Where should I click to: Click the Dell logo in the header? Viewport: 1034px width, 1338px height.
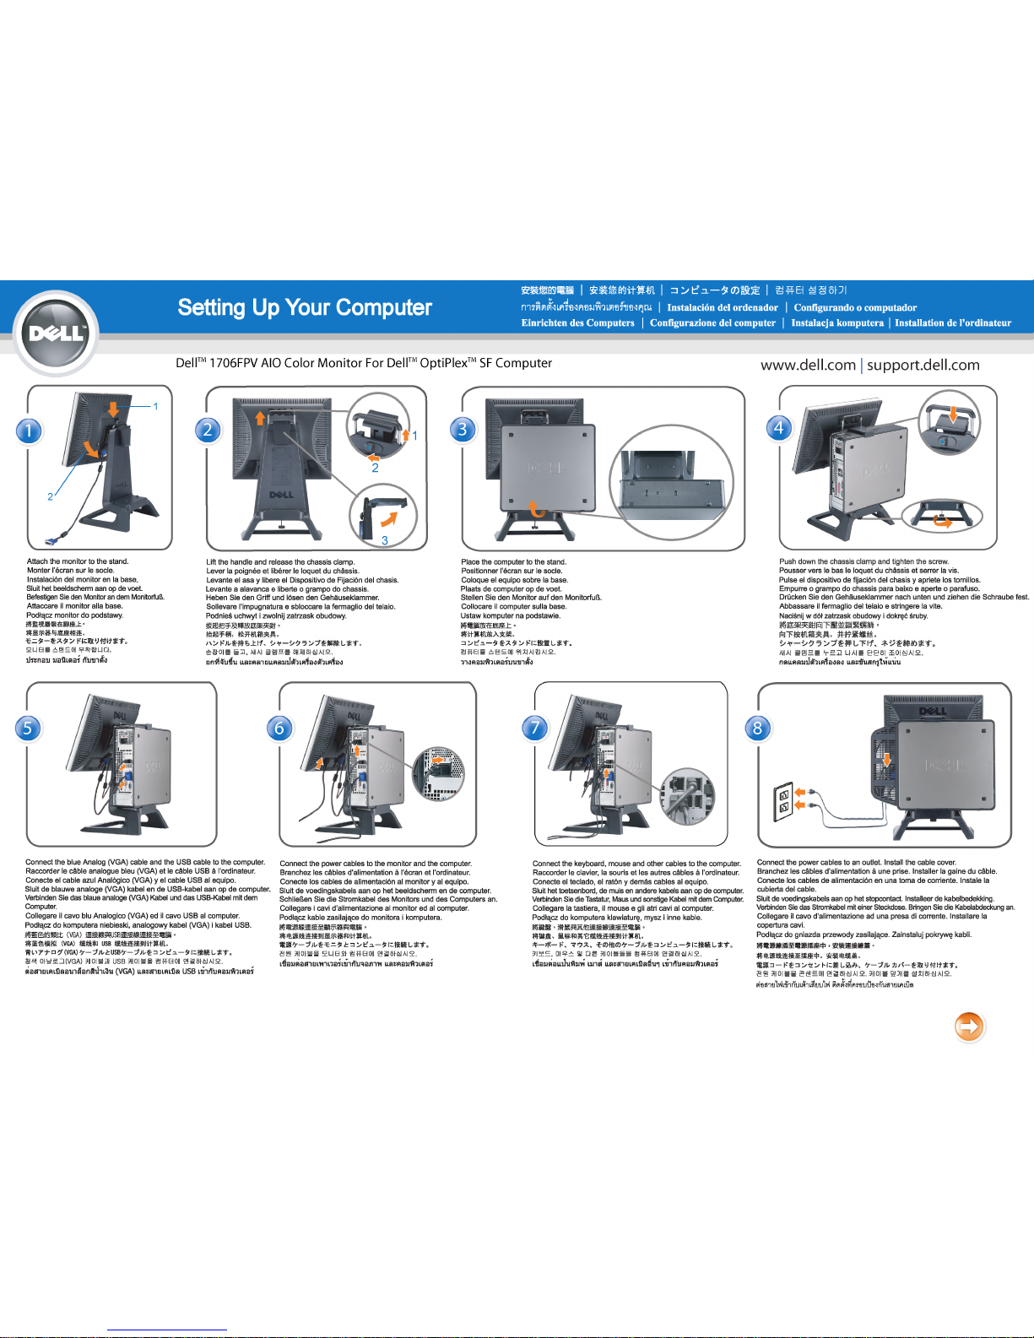click(x=57, y=333)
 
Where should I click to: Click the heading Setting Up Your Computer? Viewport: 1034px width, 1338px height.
click(x=305, y=307)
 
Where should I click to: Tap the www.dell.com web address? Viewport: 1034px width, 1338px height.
click(x=808, y=365)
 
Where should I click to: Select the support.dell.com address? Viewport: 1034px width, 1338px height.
click(x=923, y=365)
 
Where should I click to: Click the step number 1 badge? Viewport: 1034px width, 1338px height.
click(x=29, y=431)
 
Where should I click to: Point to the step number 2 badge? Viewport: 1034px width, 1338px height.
click(x=208, y=430)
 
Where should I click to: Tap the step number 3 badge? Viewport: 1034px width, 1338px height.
click(x=463, y=429)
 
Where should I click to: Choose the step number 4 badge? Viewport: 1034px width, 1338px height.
click(x=779, y=427)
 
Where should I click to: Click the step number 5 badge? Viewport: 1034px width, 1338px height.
click(x=28, y=728)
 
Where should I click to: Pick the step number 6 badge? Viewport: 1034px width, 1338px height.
click(x=279, y=728)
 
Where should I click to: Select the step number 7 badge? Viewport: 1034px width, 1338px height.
click(x=535, y=727)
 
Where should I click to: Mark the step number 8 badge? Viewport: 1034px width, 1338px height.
click(x=758, y=728)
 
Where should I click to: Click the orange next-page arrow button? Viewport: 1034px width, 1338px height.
click(x=969, y=1027)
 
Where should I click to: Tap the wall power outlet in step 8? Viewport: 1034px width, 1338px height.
click(x=784, y=801)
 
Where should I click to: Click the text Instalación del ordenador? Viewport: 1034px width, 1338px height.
click(x=723, y=307)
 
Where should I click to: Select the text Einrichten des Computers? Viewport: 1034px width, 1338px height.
click(x=577, y=322)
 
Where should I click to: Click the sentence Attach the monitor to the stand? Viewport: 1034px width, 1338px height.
click(x=78, y=561)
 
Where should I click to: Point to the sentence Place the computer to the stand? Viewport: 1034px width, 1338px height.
click(x=513, y=561)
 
